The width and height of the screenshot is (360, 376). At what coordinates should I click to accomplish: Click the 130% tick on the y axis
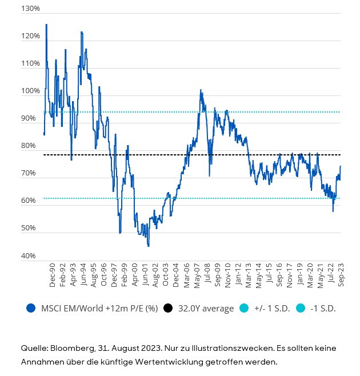tap(31, 9)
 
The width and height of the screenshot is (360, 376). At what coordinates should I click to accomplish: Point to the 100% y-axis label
tap(31, 91)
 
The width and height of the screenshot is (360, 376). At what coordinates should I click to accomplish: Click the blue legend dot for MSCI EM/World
tap(31, 308)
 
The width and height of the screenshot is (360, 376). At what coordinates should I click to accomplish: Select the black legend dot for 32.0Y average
tap(168, 308)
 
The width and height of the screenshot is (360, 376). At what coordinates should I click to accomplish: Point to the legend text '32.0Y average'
tap(206, 308)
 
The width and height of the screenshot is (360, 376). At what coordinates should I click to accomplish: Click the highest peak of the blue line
tap(46, 25)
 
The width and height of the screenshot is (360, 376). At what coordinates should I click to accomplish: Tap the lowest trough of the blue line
tap(149, 246)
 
